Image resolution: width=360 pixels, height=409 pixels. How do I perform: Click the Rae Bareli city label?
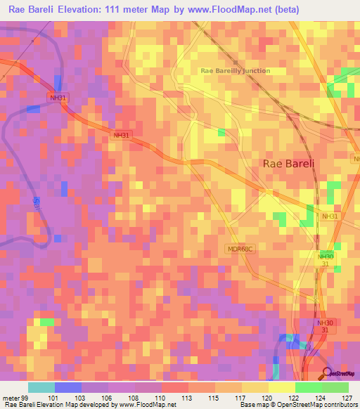tap(288, 163)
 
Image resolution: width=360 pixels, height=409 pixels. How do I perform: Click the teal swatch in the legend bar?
tap(41, 387)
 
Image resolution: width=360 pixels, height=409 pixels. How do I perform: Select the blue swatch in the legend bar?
tap(68, 387)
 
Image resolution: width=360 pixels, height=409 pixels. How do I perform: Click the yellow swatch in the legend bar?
tap(281, 387)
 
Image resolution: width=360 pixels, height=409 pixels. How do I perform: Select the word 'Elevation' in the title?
tap(79, 9)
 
